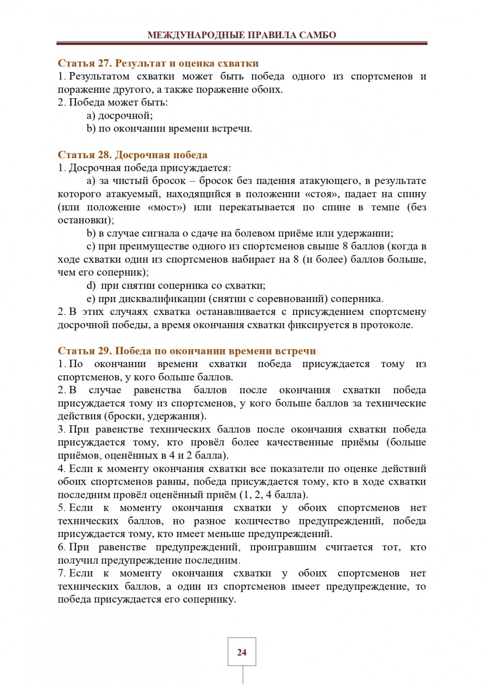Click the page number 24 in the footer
(242, 653)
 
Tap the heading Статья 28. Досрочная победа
(132, 155)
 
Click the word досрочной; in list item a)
(125, 116)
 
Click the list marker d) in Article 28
(91, 285)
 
